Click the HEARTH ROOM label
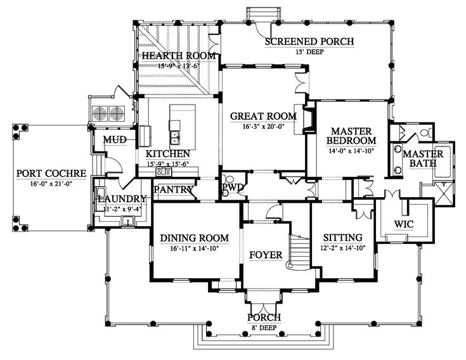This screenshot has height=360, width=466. click(x=179, y=56)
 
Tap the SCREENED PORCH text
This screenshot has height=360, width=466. click(x=309, y=42)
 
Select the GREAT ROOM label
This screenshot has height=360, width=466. click(x=263, y=116)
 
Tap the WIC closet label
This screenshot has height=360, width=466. click(x=404, y=224)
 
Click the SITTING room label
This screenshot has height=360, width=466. click(x=342, y=238)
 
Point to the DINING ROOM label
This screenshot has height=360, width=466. click(x=194, y=238)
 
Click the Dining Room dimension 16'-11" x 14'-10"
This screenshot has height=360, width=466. click(x=194, y=248)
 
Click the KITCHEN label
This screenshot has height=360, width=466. click(x=167, y=154)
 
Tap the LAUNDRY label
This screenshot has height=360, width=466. click(x=122, y=198)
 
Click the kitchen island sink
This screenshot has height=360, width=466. click(x=173, y=136)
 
